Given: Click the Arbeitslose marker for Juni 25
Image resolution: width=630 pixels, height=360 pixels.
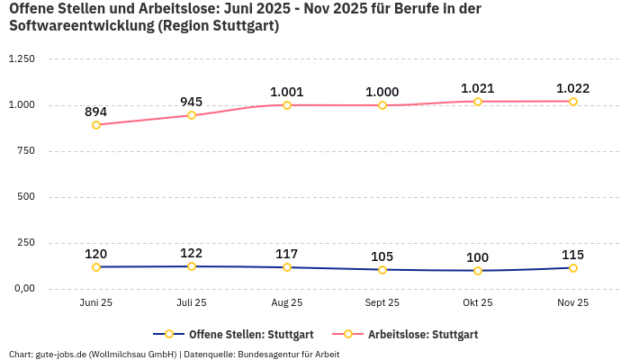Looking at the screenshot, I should point(96,125).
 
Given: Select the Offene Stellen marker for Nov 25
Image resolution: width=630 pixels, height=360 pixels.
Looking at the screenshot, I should point(573,268).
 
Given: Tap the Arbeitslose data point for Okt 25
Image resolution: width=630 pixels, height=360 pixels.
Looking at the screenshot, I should point(478,102).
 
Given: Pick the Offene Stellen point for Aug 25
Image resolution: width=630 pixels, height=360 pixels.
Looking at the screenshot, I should point(287,267).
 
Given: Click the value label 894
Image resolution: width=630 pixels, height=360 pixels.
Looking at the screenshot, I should point(96,112).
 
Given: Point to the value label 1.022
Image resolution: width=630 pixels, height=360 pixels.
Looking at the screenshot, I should point(573,88).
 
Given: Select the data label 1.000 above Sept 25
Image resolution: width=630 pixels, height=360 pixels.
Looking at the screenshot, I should point(382,92).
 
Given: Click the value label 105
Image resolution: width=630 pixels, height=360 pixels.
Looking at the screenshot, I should point(382,256).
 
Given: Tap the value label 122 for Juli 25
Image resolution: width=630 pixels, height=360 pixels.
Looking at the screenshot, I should point(192,253).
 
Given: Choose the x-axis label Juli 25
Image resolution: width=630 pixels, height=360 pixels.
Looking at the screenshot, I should point(192,303).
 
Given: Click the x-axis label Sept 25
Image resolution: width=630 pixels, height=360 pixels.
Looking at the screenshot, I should point(382,303).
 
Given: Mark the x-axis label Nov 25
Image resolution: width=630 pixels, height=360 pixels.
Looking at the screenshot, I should point(573,303).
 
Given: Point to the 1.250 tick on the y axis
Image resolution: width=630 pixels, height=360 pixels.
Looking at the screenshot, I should point(21,59).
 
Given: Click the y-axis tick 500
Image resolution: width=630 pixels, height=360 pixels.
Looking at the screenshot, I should point(26,197).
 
